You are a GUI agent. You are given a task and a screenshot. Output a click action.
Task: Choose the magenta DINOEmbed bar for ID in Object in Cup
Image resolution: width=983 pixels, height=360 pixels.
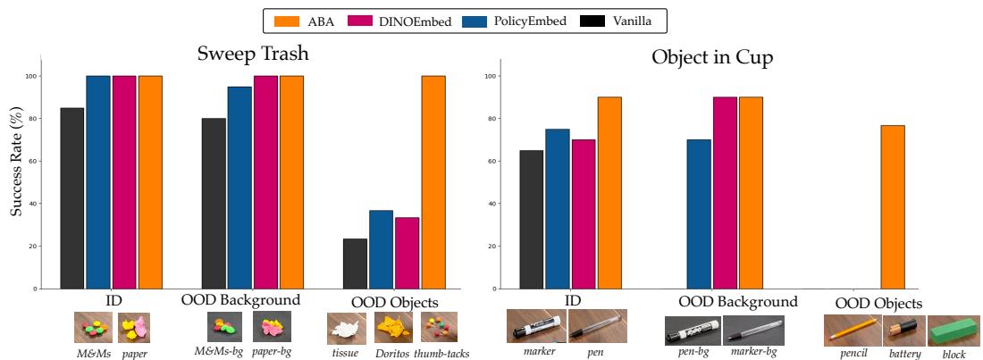[x=583, y=214]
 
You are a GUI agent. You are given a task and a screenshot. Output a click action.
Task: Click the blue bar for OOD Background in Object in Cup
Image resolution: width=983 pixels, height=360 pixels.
[x=700, y=214]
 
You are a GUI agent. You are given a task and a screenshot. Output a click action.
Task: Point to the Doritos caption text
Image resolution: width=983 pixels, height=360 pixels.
[x=391, y=353]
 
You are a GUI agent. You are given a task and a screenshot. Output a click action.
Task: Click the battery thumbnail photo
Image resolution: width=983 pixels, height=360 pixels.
[x=903, y=331]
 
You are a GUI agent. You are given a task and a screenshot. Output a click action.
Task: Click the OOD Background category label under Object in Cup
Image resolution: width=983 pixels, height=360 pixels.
[x=738, y=302]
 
